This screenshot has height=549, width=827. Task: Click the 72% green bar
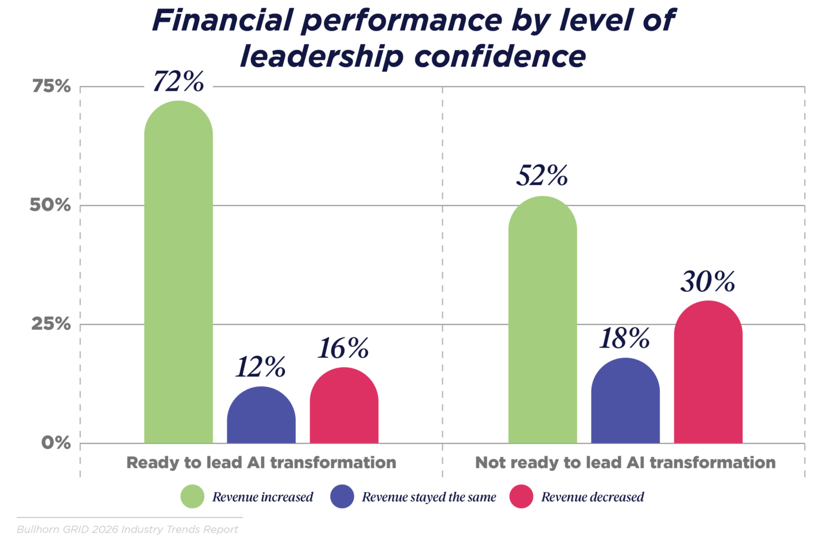click(x=178, y=273)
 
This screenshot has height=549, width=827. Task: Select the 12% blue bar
click(x=261, y=416)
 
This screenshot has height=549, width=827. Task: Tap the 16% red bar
click(x=344, y=406)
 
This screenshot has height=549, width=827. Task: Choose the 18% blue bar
click(x=625, y=401)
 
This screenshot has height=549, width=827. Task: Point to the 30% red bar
click(x=708, y=373)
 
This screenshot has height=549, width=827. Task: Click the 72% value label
click(x=178, y=82)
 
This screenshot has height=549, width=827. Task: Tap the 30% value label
click(x=708, y=282)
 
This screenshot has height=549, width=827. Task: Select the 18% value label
click(x=625, y=339)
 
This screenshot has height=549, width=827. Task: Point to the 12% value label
click(x=261, y=367)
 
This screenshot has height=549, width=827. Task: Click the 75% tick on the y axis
click(x=51, y=87)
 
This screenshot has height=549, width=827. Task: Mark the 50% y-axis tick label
click(x=51, y=206)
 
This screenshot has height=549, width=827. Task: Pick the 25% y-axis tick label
click(x=51, y=324)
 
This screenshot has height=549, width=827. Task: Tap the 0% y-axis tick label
click(x=56, y=443)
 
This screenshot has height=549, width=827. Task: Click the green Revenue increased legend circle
click(x=192, y=497)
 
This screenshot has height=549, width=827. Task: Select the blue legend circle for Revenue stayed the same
click(x=342, y=497)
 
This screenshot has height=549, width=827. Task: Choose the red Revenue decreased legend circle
click(x=521, y=497)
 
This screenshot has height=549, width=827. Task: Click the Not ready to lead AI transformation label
click(x=625, y=463)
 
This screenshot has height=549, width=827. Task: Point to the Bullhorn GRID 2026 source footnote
click(x=127, y=529)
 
